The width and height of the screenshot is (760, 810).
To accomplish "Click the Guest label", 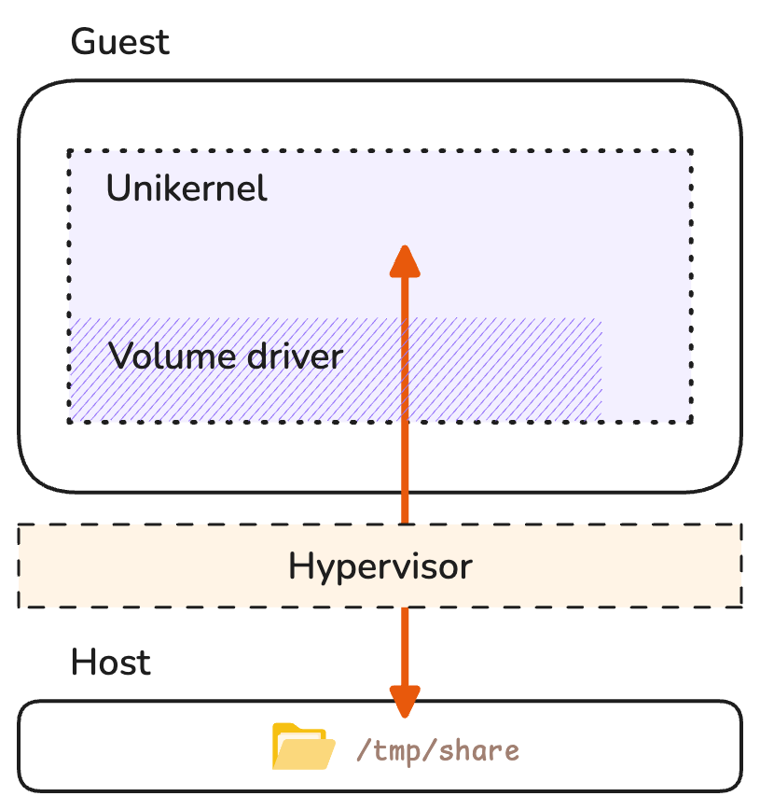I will (120, 42).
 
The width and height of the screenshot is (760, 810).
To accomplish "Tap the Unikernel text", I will (187, 189).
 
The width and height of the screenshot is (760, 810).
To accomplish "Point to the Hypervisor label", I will (380, 566).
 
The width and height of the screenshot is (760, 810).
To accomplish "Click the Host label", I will (110, 663).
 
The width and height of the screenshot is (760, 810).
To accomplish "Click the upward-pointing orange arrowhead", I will (405, 261).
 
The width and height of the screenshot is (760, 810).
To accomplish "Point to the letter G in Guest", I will (84, 42).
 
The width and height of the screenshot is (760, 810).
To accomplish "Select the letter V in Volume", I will (120, 356).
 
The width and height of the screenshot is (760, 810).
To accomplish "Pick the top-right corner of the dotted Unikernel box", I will (691, 150).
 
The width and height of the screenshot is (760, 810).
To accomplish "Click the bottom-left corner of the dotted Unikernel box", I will (69, 421).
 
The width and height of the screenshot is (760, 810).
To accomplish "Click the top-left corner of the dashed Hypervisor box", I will (20, 525).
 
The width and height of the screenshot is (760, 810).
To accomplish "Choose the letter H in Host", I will (83, 663).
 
